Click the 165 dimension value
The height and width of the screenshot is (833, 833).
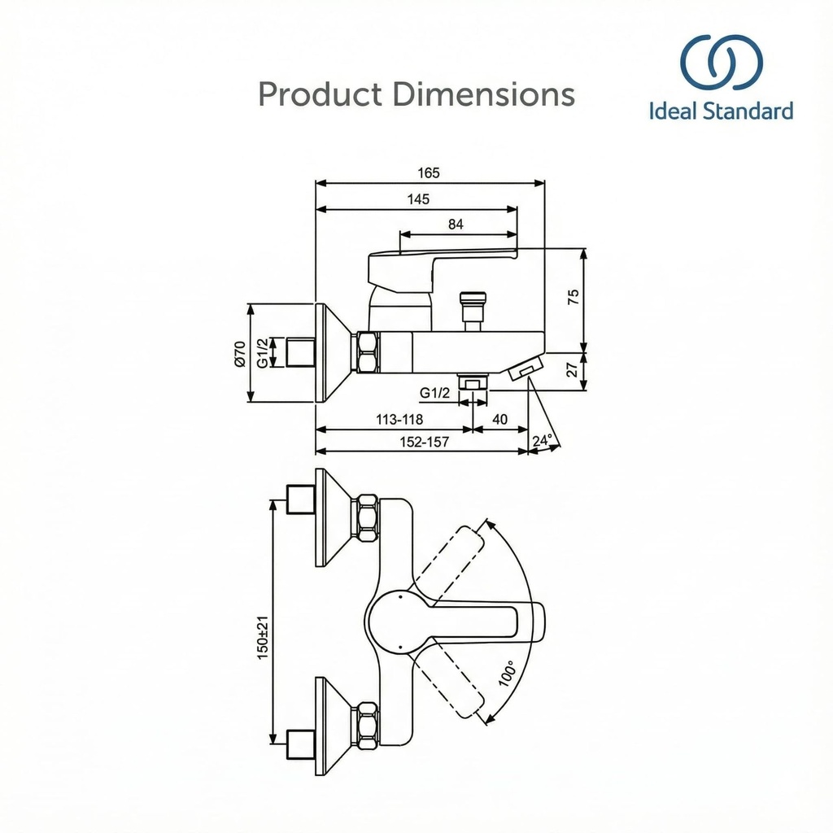click(x=429, y=172)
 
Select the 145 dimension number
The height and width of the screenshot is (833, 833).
click(x=420, y=199)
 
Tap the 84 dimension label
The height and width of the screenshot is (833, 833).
click(x=456, y=225)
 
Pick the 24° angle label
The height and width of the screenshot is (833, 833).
click(x=543, y=440)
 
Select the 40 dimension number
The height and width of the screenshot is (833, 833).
click(x=500, y=419)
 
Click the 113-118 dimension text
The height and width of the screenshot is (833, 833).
click(x=399, y=419)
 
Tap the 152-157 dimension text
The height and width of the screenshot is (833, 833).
click(x=425, y=442)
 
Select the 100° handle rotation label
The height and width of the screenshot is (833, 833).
click(x=508, y=673)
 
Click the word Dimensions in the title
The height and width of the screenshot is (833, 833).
click(x=484, y=94)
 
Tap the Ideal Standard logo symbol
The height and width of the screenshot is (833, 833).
click(x=722, y=62)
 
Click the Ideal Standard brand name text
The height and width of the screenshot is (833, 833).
click(x=722, y=111)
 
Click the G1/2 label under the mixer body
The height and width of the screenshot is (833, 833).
click(x=435, y=393)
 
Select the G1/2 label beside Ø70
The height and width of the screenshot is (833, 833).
click(x=262, y=353)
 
